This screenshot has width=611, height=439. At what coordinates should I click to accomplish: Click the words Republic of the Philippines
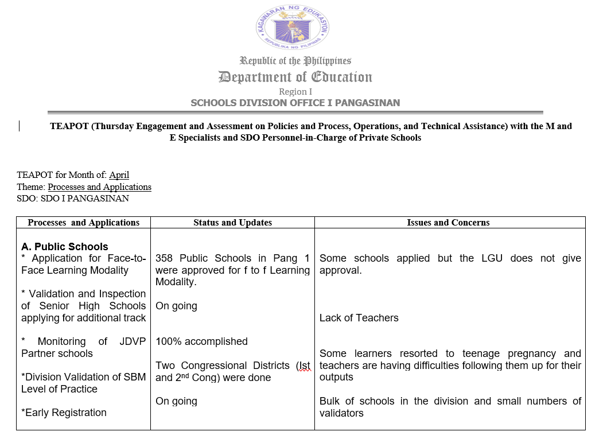point(295,61)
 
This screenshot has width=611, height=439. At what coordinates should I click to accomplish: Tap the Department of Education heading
point(295,77)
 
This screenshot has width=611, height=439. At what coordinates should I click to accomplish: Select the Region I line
point(295,92)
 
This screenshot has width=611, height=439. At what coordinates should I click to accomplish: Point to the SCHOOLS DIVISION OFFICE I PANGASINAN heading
point(295,103)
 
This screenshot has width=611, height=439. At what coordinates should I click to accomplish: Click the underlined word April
point(119,175)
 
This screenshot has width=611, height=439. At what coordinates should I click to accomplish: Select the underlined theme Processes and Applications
point(99,187)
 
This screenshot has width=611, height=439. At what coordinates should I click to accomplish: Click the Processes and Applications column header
point(83,223)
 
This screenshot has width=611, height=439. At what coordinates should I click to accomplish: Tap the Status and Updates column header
point(232,223)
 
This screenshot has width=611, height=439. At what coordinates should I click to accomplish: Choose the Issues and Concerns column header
point(448,223)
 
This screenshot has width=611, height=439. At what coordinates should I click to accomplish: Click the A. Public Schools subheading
point(64,247)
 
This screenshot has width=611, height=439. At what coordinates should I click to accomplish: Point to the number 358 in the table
point(165,258)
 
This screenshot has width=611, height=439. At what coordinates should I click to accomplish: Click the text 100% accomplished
point(201,341)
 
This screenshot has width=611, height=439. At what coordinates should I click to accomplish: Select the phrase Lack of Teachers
point(359,318)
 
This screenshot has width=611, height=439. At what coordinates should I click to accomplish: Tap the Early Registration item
point(64,413)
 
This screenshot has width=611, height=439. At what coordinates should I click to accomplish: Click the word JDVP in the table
point(133,341)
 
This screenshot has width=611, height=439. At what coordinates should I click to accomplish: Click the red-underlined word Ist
point(303,366)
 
